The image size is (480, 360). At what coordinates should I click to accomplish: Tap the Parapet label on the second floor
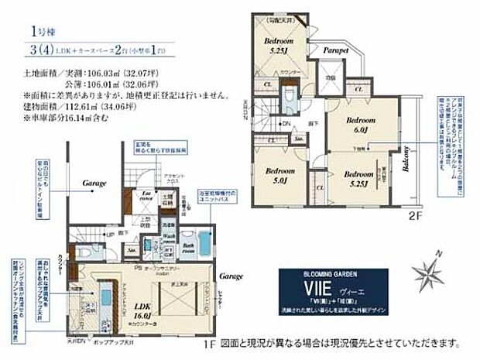coord(334,49)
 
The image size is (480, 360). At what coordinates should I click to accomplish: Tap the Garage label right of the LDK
coord(230,276)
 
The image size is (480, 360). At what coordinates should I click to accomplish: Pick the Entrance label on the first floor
coord(146,198)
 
